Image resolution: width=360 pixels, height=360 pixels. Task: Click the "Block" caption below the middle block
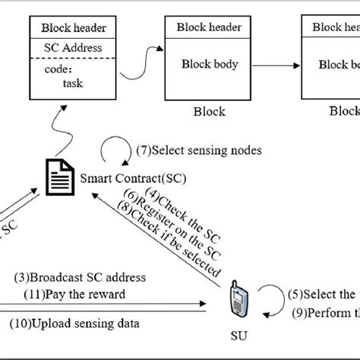pos(210,112)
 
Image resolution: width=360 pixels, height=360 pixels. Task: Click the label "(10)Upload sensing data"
pos(74,324)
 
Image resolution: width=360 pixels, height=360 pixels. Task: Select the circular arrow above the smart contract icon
pos(114,149)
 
